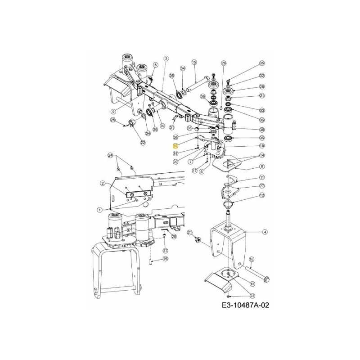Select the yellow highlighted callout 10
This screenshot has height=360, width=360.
(175, 146)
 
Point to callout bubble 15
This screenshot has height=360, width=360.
(194, 62)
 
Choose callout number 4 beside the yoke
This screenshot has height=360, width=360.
(265, 232)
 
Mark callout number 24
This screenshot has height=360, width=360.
(109, 155)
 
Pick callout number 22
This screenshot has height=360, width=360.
(143, 143)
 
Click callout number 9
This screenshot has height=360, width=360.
(114, 111)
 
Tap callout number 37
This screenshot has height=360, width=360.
(165, 250)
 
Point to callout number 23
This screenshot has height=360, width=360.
(252, 295)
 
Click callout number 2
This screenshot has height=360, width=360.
(103, 183)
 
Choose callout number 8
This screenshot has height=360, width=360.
(262, 166)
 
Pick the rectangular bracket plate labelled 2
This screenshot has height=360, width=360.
(135, 194)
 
